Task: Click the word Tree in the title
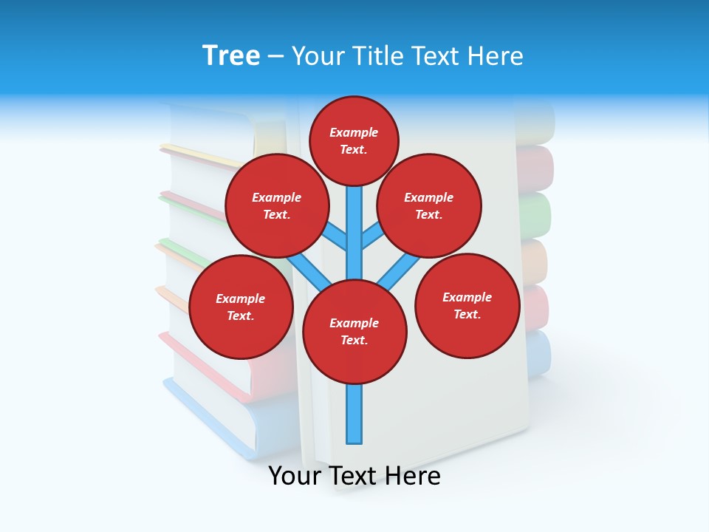[231, 55]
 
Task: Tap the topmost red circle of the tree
[354, 141]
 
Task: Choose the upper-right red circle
[428, 206]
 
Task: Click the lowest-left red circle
[240, 307]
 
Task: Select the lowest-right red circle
[467, 306]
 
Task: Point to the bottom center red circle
[354, 332]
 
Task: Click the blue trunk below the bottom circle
[354, 414]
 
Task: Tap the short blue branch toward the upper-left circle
[335, 236]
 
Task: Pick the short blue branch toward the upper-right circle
[372, 236]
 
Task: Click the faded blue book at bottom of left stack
[222, 421]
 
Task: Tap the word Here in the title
[495, 55]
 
